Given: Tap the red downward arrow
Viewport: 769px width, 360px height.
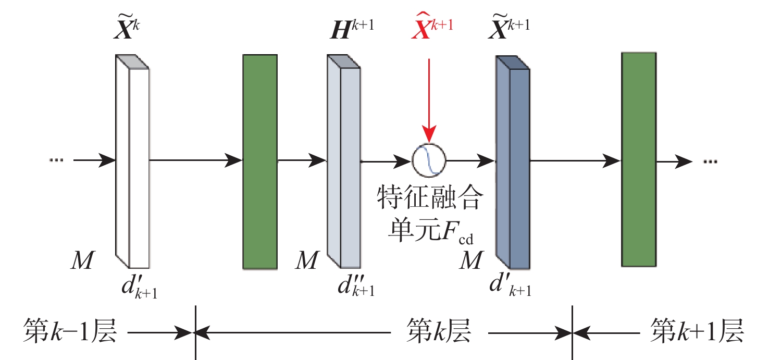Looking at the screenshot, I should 428,99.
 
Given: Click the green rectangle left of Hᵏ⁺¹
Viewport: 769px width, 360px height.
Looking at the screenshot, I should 259,162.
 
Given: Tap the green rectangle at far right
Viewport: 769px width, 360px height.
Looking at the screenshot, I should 638,159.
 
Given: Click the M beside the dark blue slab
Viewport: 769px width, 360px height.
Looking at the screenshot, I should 471,260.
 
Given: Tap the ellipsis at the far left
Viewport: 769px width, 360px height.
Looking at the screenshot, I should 55,160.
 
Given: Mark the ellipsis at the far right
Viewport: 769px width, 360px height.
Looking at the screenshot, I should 710,162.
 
